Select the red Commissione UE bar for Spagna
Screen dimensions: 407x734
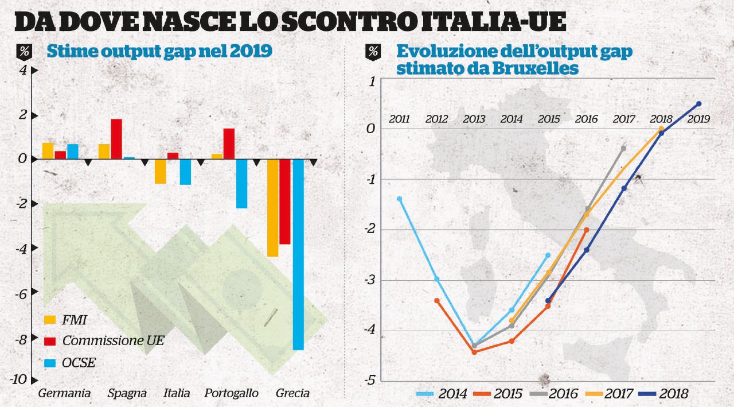point(116,138)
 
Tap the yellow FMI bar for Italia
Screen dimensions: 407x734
point(161,171)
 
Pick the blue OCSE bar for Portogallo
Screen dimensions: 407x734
point(241,183)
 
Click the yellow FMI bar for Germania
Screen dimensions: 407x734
point(48,150)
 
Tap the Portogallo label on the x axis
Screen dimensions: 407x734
point(231,393)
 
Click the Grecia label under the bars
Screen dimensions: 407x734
point(292,393)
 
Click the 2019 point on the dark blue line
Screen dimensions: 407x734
point(698,104)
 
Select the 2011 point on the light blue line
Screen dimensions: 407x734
point(400,199)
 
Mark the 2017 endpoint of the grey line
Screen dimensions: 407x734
point(623,148)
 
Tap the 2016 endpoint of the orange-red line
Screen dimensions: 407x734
point(586,230)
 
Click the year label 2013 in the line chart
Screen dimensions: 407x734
point(474,119)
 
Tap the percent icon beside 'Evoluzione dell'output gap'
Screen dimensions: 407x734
point(373,52)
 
